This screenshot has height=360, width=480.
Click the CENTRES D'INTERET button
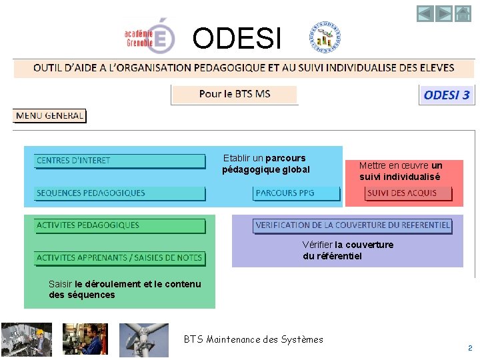(x=120, y=161)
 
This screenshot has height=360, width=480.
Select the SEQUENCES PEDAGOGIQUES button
(x=120, y=193)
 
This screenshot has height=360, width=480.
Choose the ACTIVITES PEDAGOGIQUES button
(x=120, y=225)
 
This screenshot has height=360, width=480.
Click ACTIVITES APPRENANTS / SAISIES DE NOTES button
(x=120, y=258)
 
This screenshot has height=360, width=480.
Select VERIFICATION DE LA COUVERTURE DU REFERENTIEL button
(x=353, y=225)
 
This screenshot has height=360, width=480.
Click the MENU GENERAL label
(x=50, y=116)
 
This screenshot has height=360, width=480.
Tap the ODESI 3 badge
(x=447, y=95)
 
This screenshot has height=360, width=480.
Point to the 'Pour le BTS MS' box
(x=234, y=94)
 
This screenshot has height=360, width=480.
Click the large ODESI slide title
(x=237, y=39)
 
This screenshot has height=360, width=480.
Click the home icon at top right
(x=463, y=13)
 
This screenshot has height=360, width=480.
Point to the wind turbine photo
(x=143, y=340)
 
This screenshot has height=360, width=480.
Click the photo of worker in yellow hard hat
(x=27, y=340)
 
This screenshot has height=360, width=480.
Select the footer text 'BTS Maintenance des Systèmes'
(x=253, y=339)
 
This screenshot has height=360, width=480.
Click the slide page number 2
(x=469, y=348)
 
